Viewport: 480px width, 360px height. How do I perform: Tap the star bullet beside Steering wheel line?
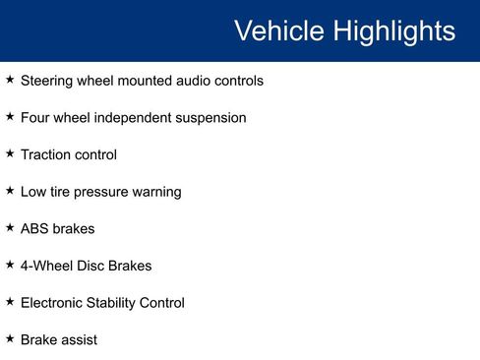coord(10,80)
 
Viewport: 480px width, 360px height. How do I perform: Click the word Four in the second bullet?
coord(36,118)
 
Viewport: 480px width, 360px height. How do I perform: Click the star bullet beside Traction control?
coord(10,153)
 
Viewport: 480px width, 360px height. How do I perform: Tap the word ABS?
coord(34,228)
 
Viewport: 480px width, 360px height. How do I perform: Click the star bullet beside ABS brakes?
coord(10,227)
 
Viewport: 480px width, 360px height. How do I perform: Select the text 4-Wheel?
coord(46,266)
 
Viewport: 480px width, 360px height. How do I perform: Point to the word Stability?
coord(120,303)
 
